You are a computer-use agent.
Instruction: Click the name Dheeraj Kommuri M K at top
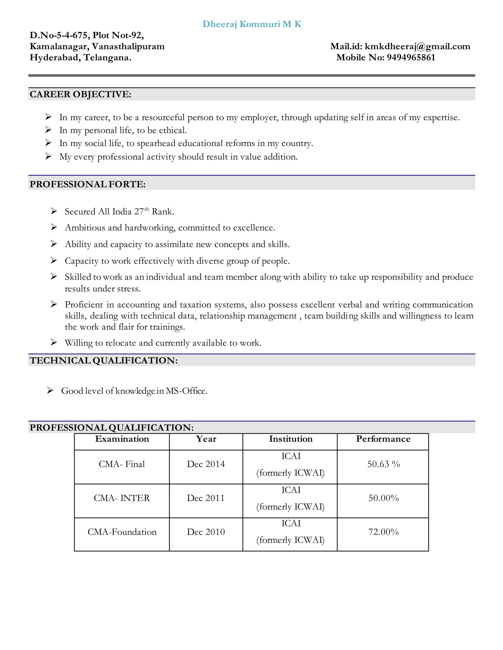pos(252,24)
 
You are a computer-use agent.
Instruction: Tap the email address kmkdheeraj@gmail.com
pos(417,46)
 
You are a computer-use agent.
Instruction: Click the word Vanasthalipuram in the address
pos(128,46)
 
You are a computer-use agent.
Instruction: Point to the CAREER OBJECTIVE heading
pos(81,94)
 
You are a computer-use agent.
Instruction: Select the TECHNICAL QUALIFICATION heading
pos(104,360)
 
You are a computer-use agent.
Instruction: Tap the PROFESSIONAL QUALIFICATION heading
pos(112,427)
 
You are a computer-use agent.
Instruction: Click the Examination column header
pos(122,439)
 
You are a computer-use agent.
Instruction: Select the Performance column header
pos(383,439)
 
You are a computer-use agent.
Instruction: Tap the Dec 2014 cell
pos(206,464)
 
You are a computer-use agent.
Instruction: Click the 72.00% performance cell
pos(383,532)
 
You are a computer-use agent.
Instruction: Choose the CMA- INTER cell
pos(122,498)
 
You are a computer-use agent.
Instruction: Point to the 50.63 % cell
pos(383,464)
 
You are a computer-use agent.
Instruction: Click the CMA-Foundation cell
pos(122,532)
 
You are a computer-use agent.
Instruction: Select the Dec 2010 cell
pos(206,532)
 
